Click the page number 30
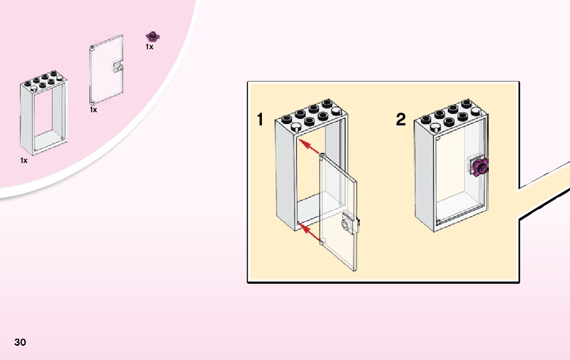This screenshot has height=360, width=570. tap(20, 342)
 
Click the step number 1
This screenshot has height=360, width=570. tap(260, 120)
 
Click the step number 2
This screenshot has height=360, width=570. tap(400, 120)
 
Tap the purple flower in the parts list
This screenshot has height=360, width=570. tap(153, 36)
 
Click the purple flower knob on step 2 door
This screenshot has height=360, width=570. tap(480, 168)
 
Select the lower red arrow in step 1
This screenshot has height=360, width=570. tap(309, 233)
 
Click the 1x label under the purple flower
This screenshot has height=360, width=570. tap(149, 47)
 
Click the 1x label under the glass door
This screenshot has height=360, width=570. tap(93, 110)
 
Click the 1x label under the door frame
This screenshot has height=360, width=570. tap(24, 160)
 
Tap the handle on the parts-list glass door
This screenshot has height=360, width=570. tap(118, 67)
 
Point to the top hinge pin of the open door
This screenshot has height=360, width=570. tap(322, 156)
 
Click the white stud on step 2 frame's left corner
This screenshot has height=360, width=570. tap(434, 127)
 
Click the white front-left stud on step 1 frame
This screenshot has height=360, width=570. tap(295, 127)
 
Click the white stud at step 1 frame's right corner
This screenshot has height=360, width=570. tap(336, 111)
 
